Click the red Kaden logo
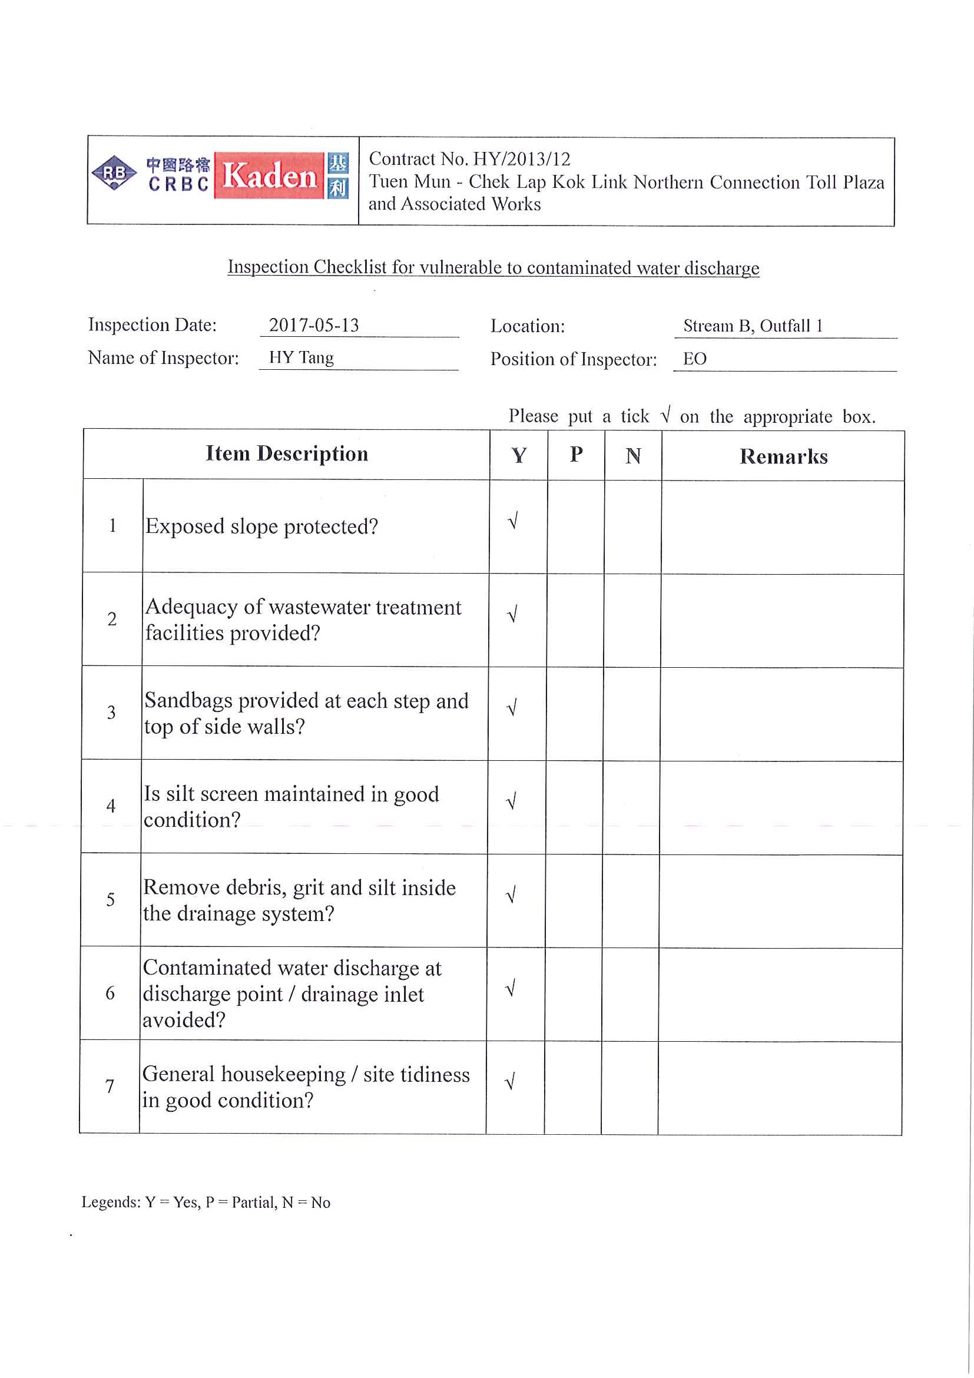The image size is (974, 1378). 270,176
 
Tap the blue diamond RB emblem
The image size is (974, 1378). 114,173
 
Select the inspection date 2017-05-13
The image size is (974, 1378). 314,325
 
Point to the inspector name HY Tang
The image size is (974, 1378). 302,357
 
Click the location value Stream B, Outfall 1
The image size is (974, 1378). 753,326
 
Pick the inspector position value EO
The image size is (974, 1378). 694,359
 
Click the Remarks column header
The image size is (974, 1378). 783,457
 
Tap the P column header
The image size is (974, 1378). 576,455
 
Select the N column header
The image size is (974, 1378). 633,456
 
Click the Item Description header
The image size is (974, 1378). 287,453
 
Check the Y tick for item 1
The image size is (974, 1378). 513,521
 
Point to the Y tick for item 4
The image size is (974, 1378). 511,801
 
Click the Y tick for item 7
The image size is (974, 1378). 510,1082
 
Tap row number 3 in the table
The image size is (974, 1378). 111,713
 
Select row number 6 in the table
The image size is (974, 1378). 110,993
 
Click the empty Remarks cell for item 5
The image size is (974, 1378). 781,900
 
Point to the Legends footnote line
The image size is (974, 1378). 206,1202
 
